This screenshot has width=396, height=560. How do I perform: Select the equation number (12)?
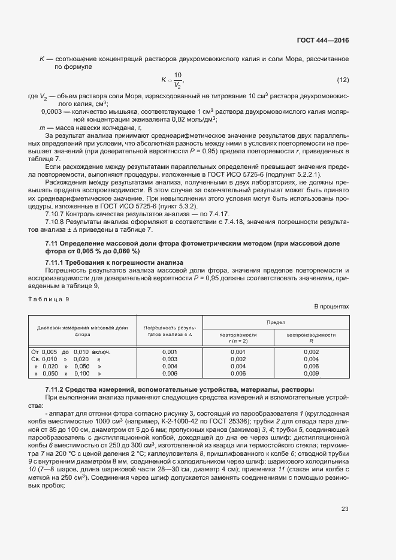pyautogui.click(x=343, y=80)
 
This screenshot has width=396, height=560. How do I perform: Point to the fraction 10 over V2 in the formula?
pyautogui.click(x=177, y=80)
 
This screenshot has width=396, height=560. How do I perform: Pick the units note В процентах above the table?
pyautogui.click(x=331, y=307)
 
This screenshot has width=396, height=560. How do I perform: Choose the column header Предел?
pyautogui.click(x=276, y=322)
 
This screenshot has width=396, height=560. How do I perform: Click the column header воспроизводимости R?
pyautogui.click(x=311, y=338)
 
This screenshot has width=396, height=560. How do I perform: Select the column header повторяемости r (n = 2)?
pyautogui.click(x=238, y=338)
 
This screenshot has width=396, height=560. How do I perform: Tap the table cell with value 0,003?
pyautogui.click(x=170, y=359)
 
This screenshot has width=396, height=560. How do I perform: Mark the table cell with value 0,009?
pyautogui.click(x=311, y=373)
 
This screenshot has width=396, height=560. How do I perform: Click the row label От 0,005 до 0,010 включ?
pyautogui.click(x=71, y=352)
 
